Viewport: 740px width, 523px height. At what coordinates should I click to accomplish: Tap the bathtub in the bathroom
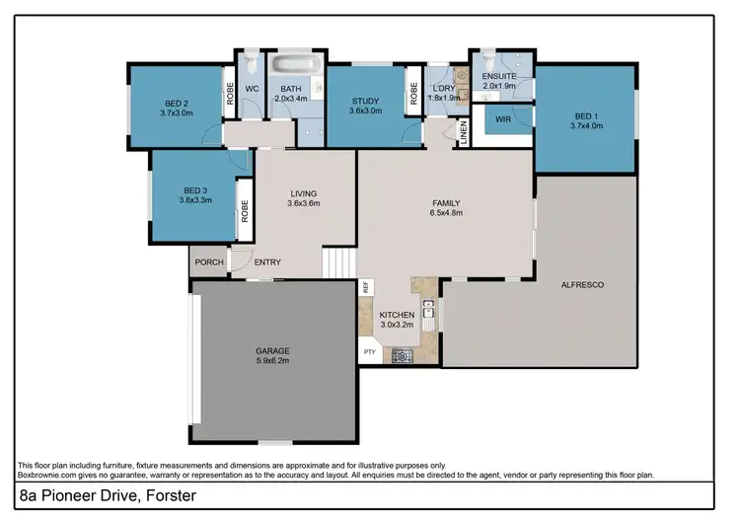tap(296, 66)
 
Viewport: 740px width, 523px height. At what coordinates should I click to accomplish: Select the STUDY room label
tap(366, 103)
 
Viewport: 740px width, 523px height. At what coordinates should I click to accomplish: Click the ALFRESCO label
tap(582, 284)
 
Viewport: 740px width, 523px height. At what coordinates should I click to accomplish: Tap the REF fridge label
tap(366, 288)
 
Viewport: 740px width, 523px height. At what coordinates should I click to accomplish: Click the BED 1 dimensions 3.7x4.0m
tap(587, 126)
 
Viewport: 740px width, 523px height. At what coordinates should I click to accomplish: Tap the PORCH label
tap(208, 262)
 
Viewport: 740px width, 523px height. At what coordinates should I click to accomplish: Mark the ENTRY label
tap(267, 262)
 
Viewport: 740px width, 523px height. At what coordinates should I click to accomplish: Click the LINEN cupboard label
tap(464, 132)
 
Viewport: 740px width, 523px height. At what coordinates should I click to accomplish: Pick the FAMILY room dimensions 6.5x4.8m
tap(446, 213)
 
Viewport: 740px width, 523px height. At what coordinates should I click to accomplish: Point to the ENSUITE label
tap(500, 76)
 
